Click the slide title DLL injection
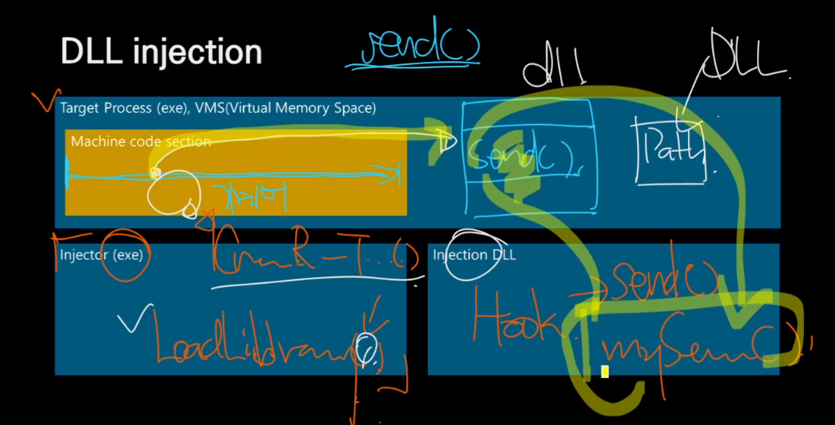(x=161, y=52)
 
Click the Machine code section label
(x=141, y=141)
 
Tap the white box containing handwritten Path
(x=670, y=151)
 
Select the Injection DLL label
(x=474, y=255)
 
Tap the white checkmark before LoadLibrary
(x=130, y=323)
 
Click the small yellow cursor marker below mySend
(x=605, y=371)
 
